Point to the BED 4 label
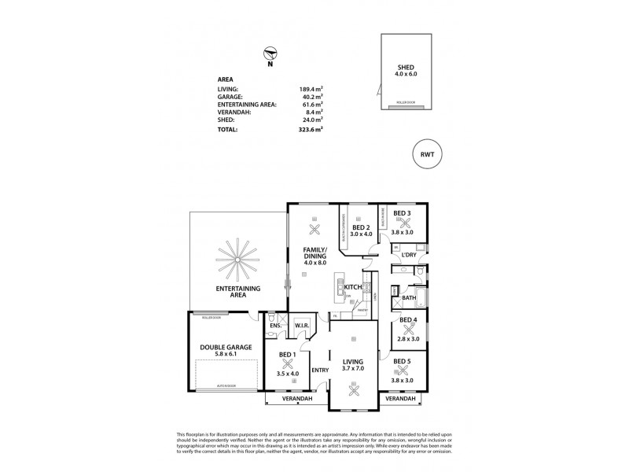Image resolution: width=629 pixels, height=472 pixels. coord(408,319)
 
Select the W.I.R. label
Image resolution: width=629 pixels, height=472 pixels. coord(303,325)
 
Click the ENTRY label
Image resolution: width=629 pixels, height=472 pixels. coord(319,370)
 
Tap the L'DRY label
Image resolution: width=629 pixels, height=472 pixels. coord(408,256)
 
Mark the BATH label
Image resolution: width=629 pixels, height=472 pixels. coord(409,299)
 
